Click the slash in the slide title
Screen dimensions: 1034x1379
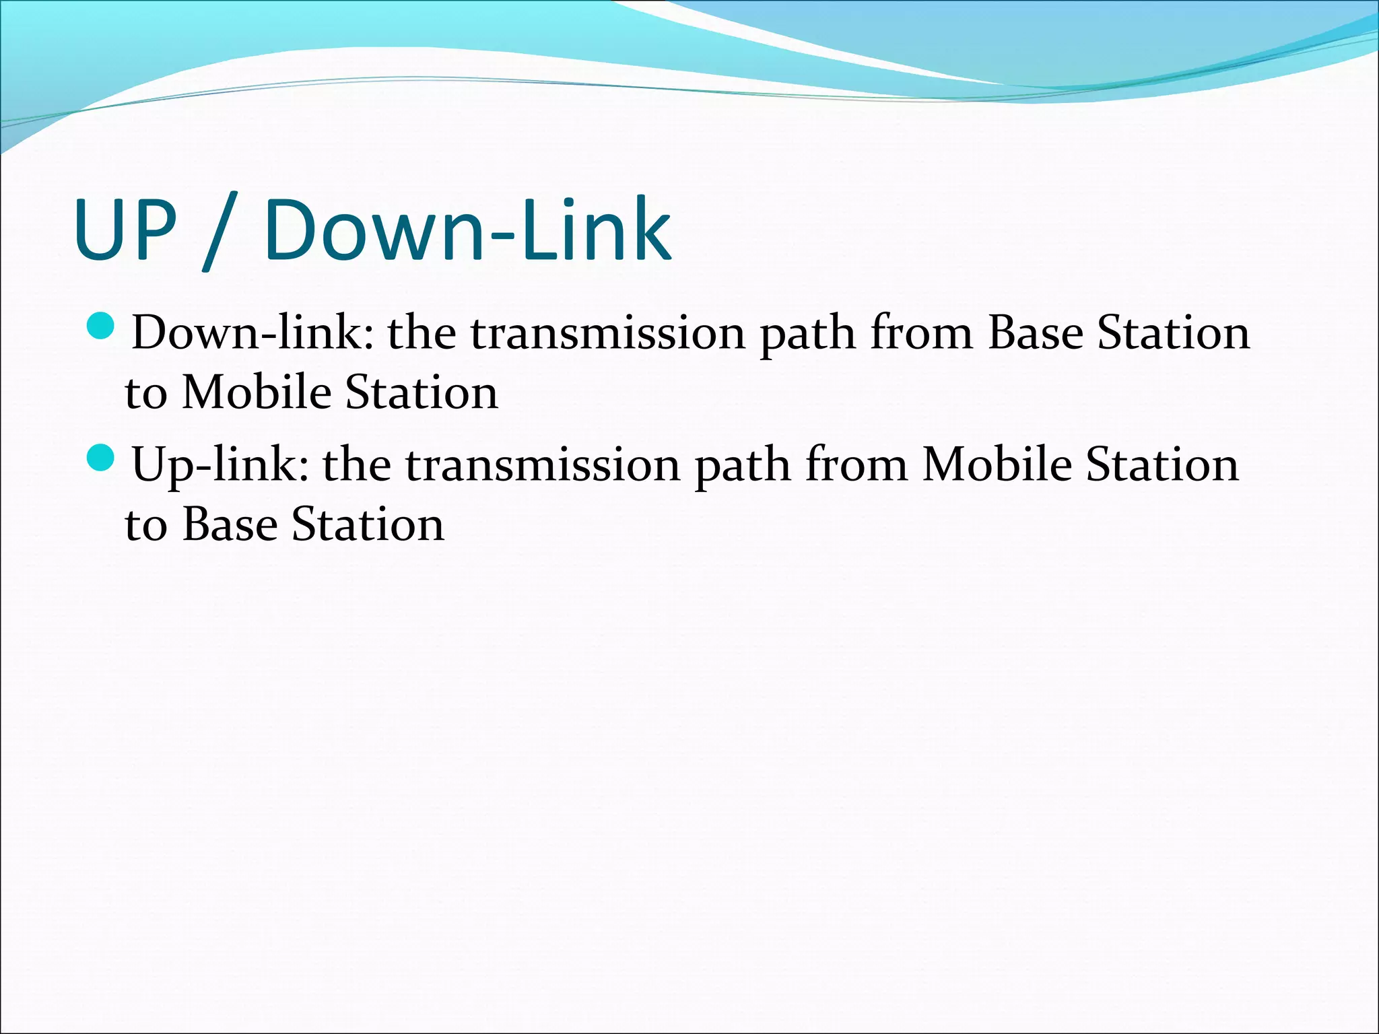pos(220,231)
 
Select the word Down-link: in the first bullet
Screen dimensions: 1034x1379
pos(253,333)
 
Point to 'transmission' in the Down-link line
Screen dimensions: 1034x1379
pos(607,333)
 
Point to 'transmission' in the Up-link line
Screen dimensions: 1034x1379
pos(543,464)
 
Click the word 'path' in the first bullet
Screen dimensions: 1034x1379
pos(807,334)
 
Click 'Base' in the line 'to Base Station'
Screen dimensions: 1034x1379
pos(230,524)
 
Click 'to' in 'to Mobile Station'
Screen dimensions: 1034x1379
pos(145,393)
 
